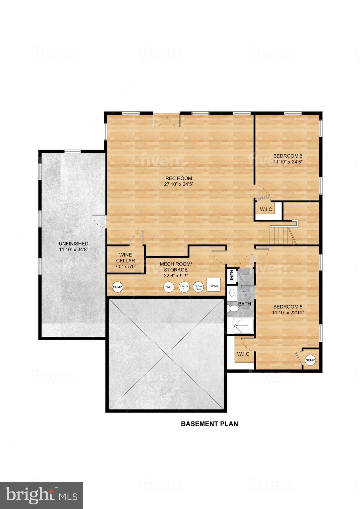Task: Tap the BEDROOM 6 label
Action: (x=287, y=159)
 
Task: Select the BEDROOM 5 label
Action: (x=287, y=309)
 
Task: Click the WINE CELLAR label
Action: (x=126, y=258)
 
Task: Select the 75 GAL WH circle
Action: (x=198, y=287)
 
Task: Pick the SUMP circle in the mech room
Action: (x=117, y=287)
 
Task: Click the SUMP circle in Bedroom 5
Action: (x=310, y=360)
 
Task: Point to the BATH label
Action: (x=245, y=304)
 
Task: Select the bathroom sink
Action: (x=232, y=293)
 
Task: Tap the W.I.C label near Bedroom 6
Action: (x=266, y=209)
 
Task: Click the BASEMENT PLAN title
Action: (x=209, y=424)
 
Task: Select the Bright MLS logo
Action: (x=41, y=495)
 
